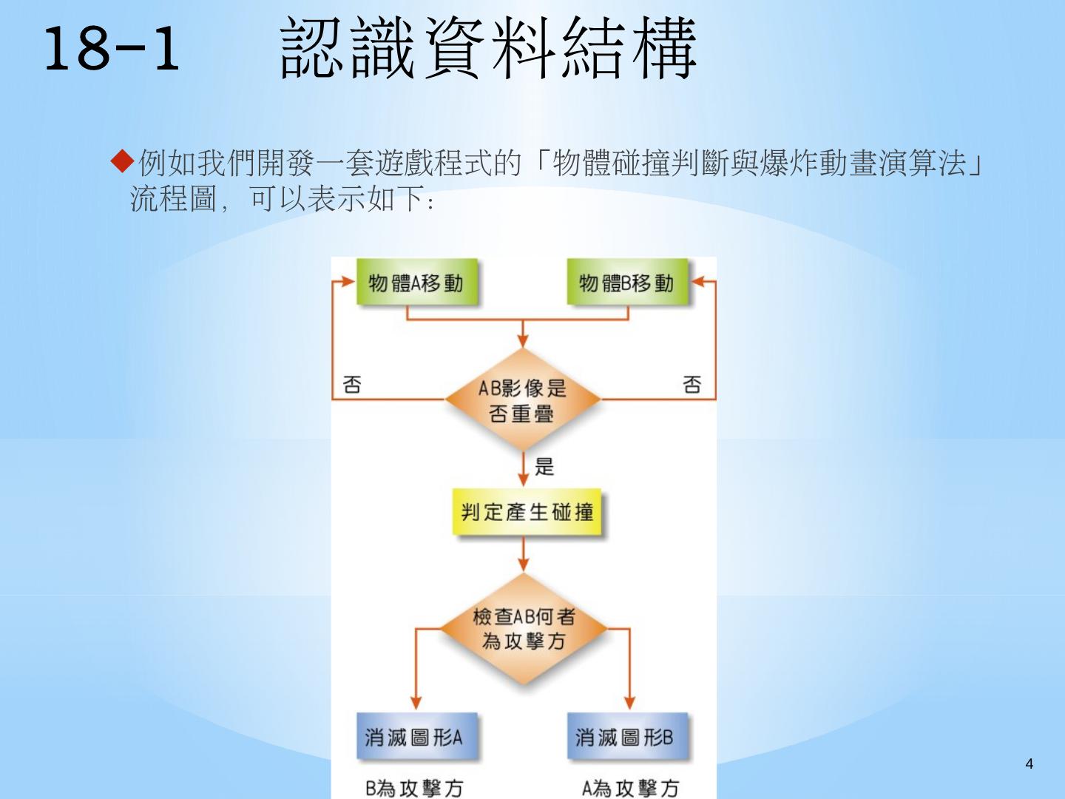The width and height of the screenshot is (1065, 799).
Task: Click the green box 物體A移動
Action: click(416, 283)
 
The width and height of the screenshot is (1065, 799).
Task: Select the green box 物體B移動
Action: click(626, 283)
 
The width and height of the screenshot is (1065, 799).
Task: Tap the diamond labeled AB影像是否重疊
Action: click(523, 400)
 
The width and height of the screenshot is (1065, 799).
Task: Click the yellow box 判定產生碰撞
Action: click(527, 512)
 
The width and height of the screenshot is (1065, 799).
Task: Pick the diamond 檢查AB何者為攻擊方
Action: click(524, 629)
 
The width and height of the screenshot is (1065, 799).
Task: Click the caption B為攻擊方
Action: click(414, 788)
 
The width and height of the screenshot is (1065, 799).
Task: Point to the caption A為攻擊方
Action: click(630, 788)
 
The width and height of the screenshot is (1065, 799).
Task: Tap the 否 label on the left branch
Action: click(352, 384)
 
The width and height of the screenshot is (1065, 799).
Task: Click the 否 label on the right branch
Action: click(692, 384)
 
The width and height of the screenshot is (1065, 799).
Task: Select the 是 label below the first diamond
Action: click(544, 466)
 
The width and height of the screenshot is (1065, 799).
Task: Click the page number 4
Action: click(1029, 763)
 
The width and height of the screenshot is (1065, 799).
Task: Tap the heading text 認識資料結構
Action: click(488, 49)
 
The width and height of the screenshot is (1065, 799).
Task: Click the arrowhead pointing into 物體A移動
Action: click(349, 282)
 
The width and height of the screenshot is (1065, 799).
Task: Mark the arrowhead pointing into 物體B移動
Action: click(697, 282)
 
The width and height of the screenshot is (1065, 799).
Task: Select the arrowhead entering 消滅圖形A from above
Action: click(416, 703)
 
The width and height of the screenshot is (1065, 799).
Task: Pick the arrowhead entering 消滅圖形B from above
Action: click(629, 703)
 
